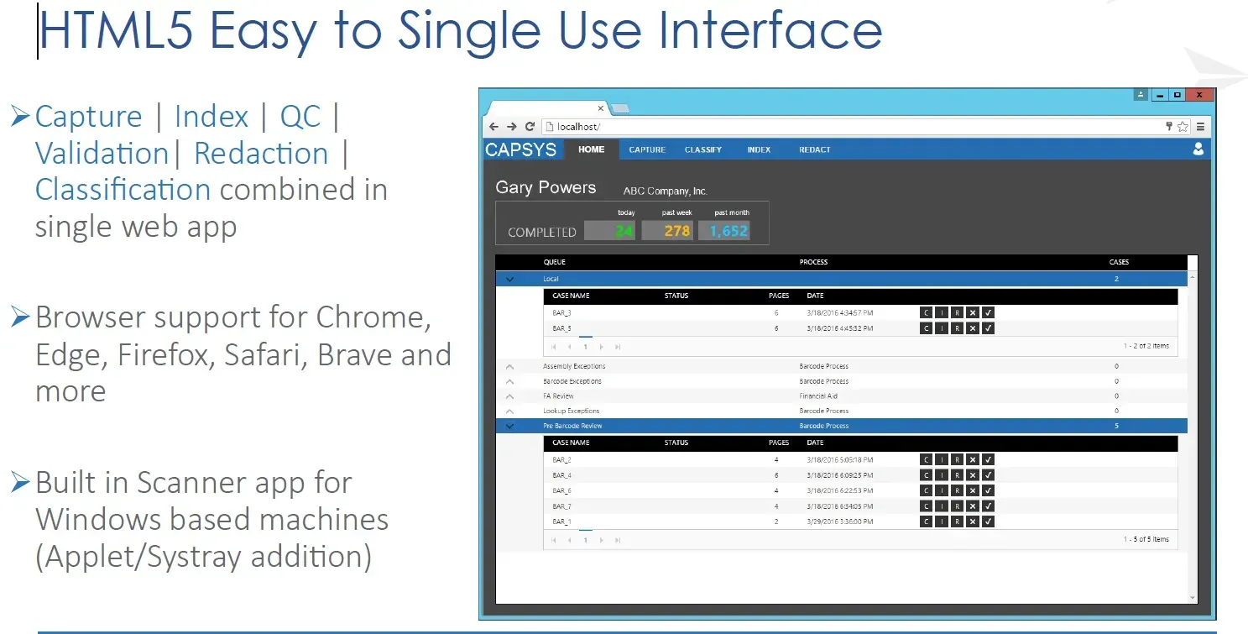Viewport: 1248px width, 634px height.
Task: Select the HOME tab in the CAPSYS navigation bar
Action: click(591, 149)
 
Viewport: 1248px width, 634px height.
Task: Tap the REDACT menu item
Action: click(814, 149)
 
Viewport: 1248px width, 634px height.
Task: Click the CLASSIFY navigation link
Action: click(702, 149)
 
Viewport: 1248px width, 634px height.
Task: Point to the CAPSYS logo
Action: click(520, 150)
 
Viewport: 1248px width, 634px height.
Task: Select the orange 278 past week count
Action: click(676, 231)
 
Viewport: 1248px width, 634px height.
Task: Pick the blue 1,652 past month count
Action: click(728, 231)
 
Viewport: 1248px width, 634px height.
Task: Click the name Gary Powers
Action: click(546, 188)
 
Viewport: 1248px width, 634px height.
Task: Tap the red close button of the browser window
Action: click(1199, 95)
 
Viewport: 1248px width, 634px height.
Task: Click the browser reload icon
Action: click(530, 127)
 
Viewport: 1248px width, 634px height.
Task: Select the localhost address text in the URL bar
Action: click(578, 127)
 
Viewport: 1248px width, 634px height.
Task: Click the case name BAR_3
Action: click(561, 313)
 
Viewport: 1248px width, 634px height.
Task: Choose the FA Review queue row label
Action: click(558, 396)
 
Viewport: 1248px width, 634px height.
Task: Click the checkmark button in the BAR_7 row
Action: click(988, 506)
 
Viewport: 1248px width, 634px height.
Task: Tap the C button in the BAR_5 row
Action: click(926, 328)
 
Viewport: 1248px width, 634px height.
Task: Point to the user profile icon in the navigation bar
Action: click(1198, 149)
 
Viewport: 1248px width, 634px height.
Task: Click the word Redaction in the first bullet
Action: click(261, 154)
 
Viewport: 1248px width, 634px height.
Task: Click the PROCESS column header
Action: click(813, 262)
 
